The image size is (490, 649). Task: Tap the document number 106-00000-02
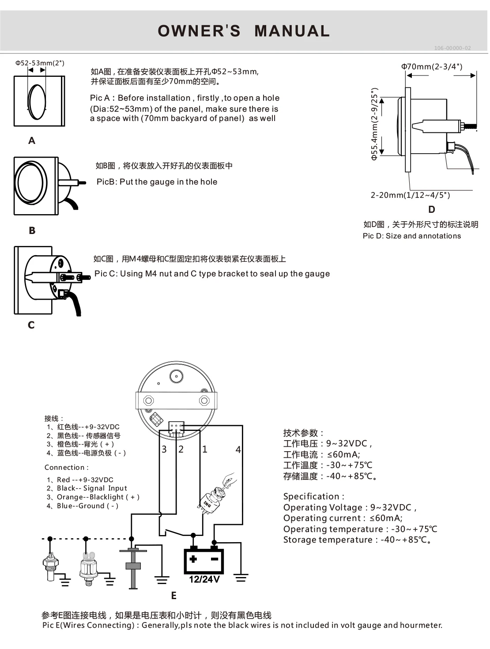452,48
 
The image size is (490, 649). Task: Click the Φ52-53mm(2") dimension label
40,63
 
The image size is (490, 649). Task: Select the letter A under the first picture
32,140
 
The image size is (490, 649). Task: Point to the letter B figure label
32,230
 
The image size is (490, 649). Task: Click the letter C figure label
31,325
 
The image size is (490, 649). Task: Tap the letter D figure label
431,209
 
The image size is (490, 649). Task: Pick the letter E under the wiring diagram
173,596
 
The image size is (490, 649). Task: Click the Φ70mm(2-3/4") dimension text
431,67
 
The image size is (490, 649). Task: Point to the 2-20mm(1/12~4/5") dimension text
410,195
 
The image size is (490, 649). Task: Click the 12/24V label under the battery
204,579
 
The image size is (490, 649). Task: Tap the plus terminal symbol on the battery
193,559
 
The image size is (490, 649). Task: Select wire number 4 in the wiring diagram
238,449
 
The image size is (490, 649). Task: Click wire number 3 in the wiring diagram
164,449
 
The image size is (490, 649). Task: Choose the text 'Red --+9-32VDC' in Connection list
85,479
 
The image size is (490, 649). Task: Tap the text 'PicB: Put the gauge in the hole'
157,182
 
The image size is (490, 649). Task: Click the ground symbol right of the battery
241,577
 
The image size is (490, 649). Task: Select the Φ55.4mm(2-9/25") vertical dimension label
374,124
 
